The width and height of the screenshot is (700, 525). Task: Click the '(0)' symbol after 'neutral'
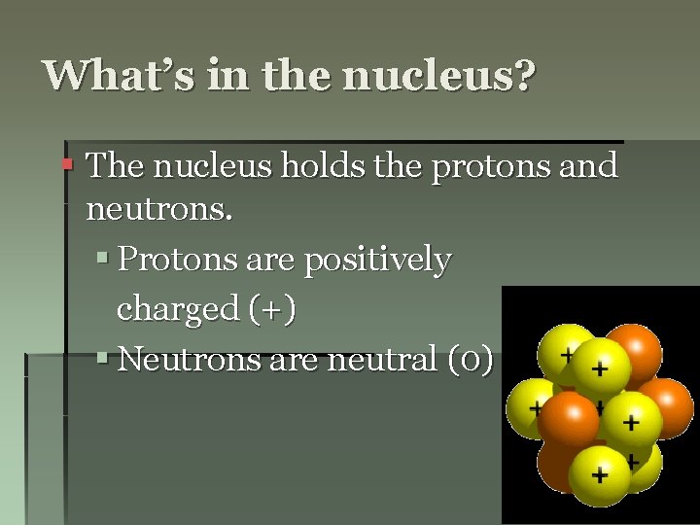tap(472, 360)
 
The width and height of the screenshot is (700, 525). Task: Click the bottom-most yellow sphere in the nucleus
tap(599, 475)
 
